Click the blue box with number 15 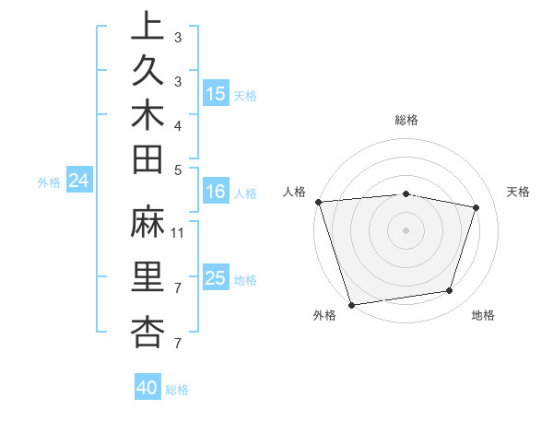pos(217,93)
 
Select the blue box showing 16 pos(217,192)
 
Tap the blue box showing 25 pos(217,278)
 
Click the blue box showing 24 pos(79,181)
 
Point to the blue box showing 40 pos(148,388)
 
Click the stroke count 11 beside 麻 pos(178,233)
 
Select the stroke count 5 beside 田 pos(178,170)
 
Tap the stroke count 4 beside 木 pos(178,125)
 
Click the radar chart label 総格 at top pos(406,120)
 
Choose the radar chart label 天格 pos(519,192)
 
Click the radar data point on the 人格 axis pos(318,202)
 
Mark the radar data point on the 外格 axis pos(351,304)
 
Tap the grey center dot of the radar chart pos(406,229)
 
